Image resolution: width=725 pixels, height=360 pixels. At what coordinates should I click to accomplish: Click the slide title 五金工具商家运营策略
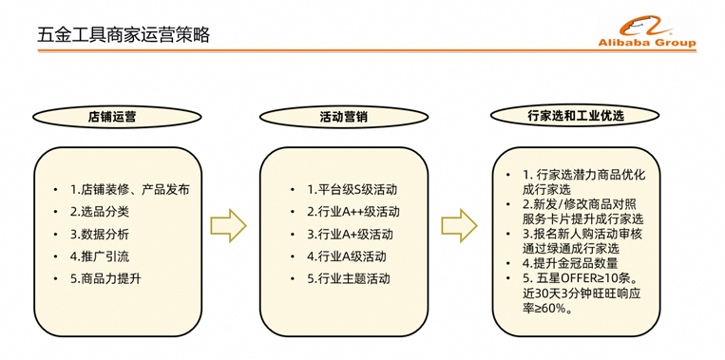click(124, 35)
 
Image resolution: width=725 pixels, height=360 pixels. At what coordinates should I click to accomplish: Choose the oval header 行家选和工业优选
click(576, 116)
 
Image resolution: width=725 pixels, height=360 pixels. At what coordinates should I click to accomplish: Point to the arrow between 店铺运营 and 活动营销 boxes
click(228, 225)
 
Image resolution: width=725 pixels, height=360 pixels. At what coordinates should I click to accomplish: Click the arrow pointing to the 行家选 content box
click(459, 225)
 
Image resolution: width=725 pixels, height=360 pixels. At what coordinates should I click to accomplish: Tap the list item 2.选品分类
click(100, 212)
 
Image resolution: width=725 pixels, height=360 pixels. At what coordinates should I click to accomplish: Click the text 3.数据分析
click(100, 235)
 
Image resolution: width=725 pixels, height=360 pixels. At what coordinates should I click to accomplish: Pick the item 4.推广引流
click(100, 256)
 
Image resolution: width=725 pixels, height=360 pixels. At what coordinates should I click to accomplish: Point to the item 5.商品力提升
click(105, 279)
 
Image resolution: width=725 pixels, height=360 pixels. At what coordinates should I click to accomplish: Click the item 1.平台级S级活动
click(352, 190)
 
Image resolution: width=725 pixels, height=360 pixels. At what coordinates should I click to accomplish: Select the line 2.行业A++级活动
click(353, 212)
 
